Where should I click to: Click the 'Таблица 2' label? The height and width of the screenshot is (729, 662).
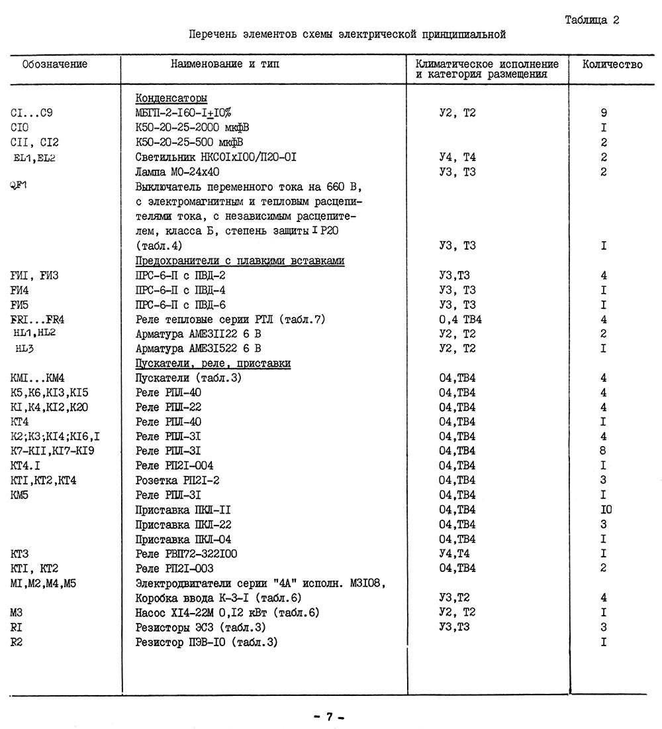pyautogui.click(x=592, y=20)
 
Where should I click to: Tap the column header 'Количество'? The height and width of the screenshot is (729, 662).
pyautogui.click(x=612, y=64)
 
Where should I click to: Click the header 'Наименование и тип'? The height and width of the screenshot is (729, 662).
pyautogui.click(x=225, y=64)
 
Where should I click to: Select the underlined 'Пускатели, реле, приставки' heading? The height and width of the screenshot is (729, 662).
pyautogui.click(x=213, y=364)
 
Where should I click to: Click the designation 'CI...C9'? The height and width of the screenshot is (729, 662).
pyautogui.click(x=32, y=113)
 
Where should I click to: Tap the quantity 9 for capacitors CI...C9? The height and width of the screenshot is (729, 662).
pyautogui.click(x=604, y=113)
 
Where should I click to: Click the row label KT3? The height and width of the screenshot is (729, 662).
pyautogui.click(x=20, y=554)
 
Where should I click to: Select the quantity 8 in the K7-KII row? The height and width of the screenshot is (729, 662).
pyautogui.click(x=604, y=451)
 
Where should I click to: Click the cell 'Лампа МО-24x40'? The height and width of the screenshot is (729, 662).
pyautogui.click(x=177, y=172)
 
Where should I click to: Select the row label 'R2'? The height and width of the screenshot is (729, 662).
pyautogui.click(x=17, y=642)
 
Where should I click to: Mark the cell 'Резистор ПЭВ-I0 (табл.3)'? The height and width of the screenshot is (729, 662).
pyautogui.click(x=206, y=642)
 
